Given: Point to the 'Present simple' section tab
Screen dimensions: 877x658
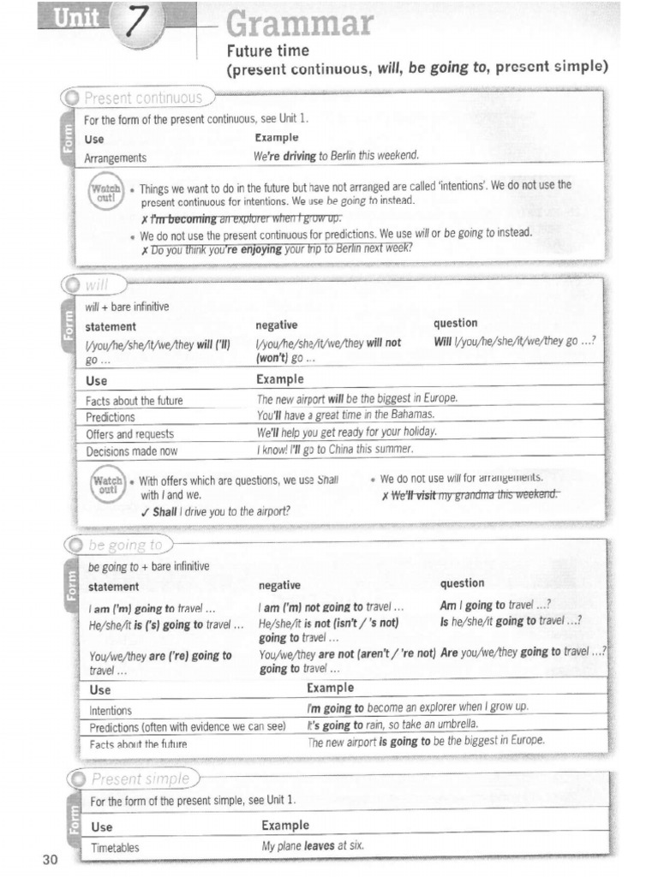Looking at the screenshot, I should (138, 779).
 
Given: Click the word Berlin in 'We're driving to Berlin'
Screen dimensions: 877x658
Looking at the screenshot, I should (353, 156).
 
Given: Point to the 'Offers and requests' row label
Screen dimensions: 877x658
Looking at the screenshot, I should (129, 434).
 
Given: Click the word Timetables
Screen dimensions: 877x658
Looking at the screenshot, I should (115, 848).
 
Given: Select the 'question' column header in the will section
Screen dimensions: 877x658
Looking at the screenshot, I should (456, 323).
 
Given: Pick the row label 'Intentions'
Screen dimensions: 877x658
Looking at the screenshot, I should (111, 711).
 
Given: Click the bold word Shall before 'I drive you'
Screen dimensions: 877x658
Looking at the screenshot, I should (164, 511).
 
